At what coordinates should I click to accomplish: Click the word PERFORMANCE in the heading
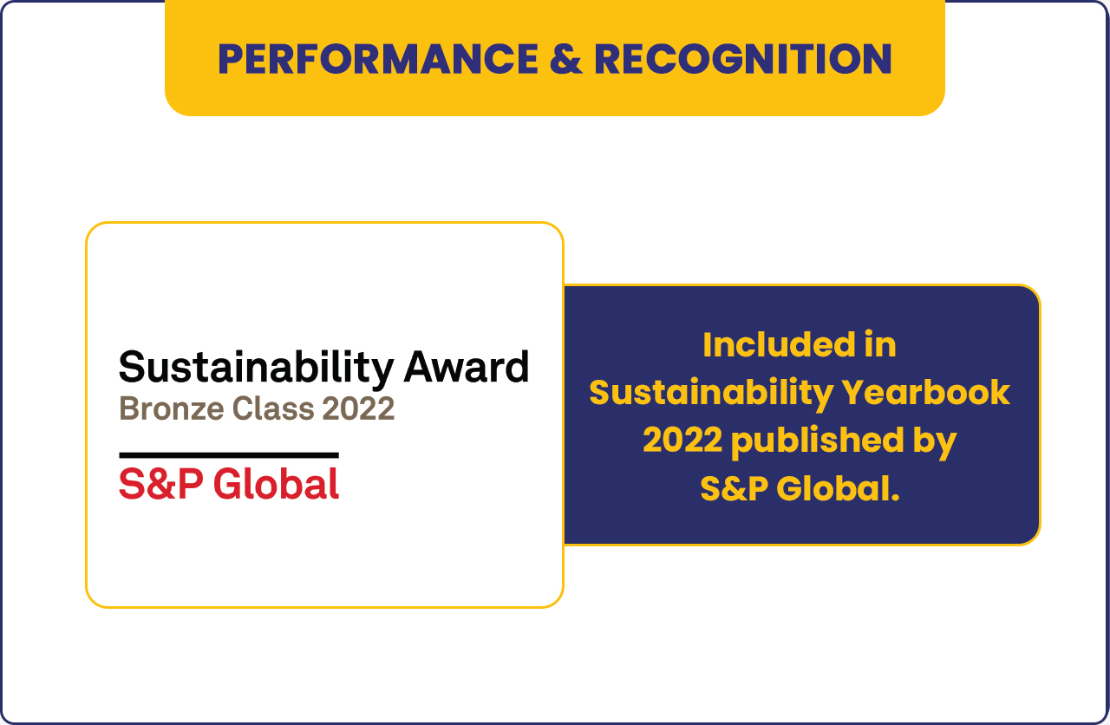coord(378,59)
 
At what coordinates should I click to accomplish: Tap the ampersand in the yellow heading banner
coord(566,59)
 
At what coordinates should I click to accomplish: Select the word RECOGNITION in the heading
coord(743,59)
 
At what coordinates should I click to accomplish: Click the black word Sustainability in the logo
coord(256,369)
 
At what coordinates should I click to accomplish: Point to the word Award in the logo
coord(467,367)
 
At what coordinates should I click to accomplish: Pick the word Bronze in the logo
coord(172,408)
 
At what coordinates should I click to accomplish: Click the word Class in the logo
coord(273,408)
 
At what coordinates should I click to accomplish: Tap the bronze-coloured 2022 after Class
coord(358,408)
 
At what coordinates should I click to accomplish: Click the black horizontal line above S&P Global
coord(229,455)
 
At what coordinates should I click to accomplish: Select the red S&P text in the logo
coord(161,484)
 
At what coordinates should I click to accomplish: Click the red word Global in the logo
coord(276,484)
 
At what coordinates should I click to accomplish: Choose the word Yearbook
coord(926,393)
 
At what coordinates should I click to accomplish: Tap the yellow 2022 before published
coord(682,440)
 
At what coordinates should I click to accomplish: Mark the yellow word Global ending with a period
coord(838,488)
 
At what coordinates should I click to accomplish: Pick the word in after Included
coord(880,345)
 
